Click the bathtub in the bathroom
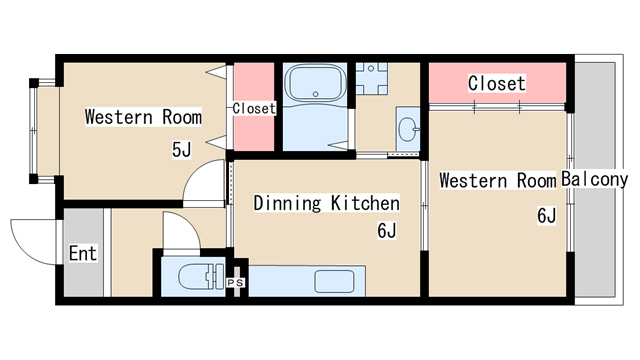point(315,83)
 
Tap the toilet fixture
point(201,276)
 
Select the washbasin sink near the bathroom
point(408,128)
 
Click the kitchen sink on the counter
point(334,281)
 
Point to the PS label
point(236,282)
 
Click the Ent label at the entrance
point(83,253)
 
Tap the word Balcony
point(594,179)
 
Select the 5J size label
point(181,150)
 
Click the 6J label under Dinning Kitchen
point(387,231)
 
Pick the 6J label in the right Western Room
point(547,216)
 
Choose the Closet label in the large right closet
point(497,83)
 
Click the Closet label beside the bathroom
point(254,109)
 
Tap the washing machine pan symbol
point(371,79)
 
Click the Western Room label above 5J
point(143,117)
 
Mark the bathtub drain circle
point(316,94)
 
